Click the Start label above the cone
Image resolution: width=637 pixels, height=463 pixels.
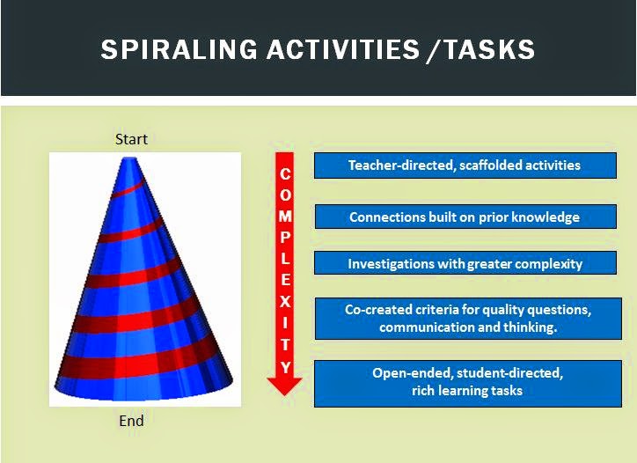131,139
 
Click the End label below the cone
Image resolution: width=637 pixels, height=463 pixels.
131,421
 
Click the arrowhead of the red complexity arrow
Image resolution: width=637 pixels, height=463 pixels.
285,384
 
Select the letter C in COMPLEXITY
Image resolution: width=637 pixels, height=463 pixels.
285,174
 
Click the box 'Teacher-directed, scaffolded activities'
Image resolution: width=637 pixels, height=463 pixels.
465,165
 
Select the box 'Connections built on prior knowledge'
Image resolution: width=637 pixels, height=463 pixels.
465,217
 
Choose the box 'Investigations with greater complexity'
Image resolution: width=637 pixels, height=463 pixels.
465,263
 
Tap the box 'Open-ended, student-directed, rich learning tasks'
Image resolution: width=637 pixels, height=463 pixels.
467,382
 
